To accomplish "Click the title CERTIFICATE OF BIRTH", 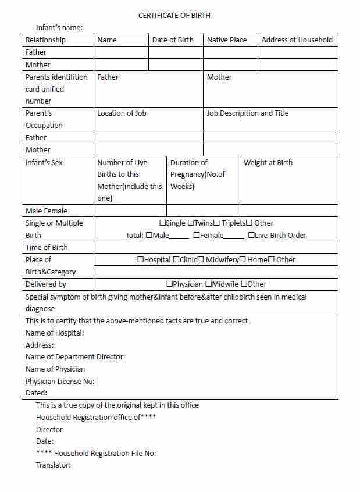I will pyautogui.click(x=174, y=16).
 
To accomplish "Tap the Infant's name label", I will pyautogui.click(x=59, y=27).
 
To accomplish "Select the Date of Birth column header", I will pyautogui.click(x=173, y=40).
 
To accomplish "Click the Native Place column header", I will pyautogui.click(x=227, y=40).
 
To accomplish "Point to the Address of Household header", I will pyautogui.click(x=297, y=40).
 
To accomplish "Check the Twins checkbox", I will pyautogui.click(x=191, y=223).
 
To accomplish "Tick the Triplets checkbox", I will pyautogui.click(x=217, y=223).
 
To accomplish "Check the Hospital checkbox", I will pyautogui.click(x=141, y=260).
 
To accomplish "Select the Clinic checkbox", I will pyautogui.click(x=176, y=260).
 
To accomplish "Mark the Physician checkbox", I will pyautogui.click(x=169, y=284).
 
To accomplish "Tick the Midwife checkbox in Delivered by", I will pyautogui.click(x=208, y=284).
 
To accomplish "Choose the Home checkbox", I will pyautogui.click(x=243, y=260).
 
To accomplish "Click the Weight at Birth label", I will pyautogui.click(x=268, y=163).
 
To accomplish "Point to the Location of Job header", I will pyautogui.click(x=122, y=113).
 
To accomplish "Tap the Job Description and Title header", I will pyautogui.click(x=247, y=113).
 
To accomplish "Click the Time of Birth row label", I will pyautogui.click(x=47, y=248).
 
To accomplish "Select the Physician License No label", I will pyautogui.click(x=60, y=382).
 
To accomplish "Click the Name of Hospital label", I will pyautogui.click(x=55, y=333).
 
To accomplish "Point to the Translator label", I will pyautogui.click(x=54, y=465).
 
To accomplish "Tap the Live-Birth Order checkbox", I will pyautogui.click(x=251, y=236).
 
